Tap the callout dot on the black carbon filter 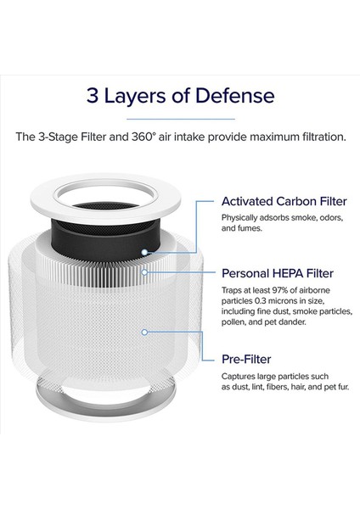[x=146, y=252]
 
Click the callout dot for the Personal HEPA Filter [x=147, y=273]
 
